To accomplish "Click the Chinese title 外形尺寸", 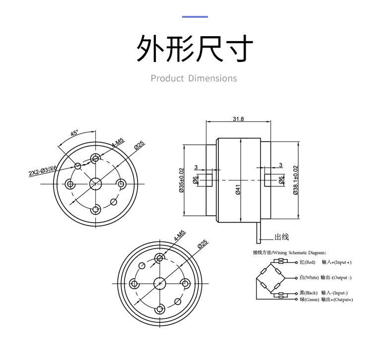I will [x=195, y=48].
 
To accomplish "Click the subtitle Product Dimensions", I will [x=194, y=78].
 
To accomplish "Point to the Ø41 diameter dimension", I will [x=238, y=189].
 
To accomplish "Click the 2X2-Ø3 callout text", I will [x=43, y=171].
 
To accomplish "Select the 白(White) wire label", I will [x=309, y=277].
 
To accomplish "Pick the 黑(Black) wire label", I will [x=309, y=293].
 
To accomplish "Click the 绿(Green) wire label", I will [x=309, y=300].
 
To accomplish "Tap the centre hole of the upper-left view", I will [x=95, y=184].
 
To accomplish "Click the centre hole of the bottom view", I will [x=159, y=283].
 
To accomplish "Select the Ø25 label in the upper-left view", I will [x=139, y=145].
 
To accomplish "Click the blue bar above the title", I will [x=195, y=17].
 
